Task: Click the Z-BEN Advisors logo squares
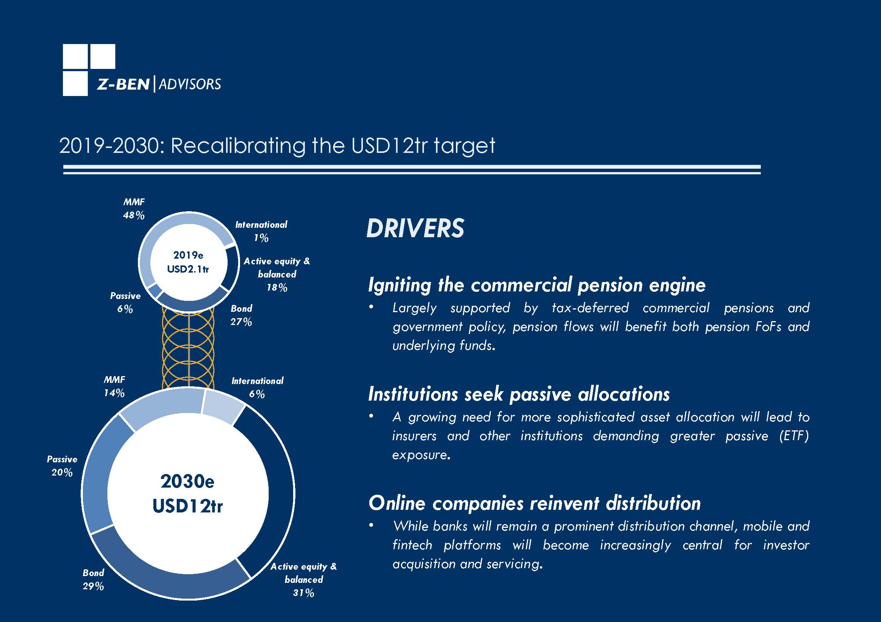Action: pos(89,70)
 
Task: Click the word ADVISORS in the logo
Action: pos(190,84)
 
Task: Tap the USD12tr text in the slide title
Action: pos(389,146)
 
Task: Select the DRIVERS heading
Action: pos(415,228)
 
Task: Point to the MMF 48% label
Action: pos(133,209)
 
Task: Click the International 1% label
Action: pos(261,231)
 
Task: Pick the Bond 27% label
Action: pos(241,315)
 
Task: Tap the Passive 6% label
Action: pos(125,302)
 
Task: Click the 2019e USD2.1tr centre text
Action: pos(188,262)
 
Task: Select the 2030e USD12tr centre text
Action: pos(188,494)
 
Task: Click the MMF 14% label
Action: pos(114,386)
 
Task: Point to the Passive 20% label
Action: pos(62,465)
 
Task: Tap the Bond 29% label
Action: pos(93,579)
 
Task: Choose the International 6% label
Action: pos(257,387)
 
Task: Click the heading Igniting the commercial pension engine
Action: pos(537,285)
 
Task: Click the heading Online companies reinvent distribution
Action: pos(534,503)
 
